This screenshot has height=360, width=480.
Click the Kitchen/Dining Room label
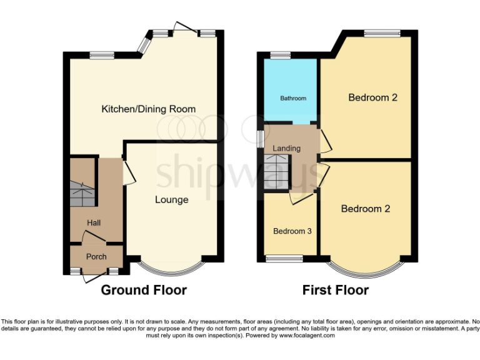(x=148, y=109)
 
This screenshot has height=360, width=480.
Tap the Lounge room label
(x=172, y=200)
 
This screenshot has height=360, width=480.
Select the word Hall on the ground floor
(x=94, y=223)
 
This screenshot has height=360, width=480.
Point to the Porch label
(x=96, y=257)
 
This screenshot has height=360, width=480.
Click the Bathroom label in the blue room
(x=292, y=98)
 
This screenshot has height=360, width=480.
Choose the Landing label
(x=287, y=148)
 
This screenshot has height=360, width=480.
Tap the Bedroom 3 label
(x=292, y=231)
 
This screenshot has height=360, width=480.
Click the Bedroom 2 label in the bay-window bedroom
(x=365, y=209)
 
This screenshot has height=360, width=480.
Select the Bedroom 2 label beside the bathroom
(x=372, y=97)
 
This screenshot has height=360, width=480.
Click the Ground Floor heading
(x=144, y=290)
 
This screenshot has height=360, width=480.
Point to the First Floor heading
(x=335, y=290)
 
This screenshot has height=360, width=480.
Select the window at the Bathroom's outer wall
(x=282, y=55)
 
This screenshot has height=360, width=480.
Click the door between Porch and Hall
(x=94, y=238)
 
